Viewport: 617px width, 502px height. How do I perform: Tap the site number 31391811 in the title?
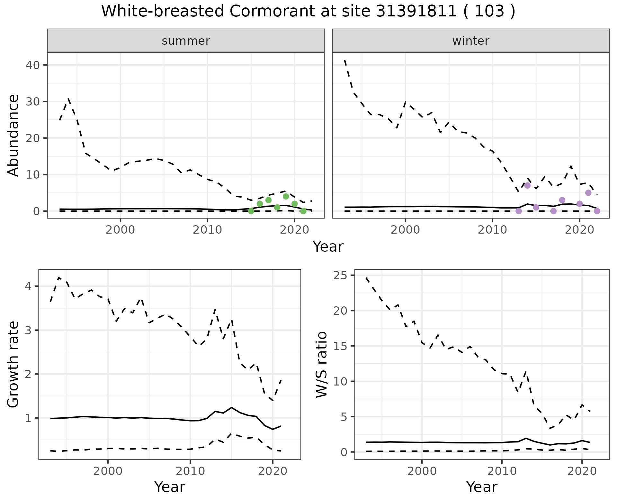click(x=416, y=12)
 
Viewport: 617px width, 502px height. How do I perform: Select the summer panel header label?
click(x=186, y=41)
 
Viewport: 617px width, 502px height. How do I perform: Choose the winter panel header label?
click(x=470, y=41)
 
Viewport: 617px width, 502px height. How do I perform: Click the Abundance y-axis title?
click(x=13, y=135)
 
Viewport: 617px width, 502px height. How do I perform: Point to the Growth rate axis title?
click(x=13, y=364)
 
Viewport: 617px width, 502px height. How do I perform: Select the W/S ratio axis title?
click(x=321, y=364)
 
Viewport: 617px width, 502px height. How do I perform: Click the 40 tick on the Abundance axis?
click(x=32, y=65)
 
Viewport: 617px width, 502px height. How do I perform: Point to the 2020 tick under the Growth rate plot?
click(x=273, y=471)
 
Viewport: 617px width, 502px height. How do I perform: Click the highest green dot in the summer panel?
click(x=286, y=196)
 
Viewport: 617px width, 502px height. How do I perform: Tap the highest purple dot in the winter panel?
click(x=527, y=185)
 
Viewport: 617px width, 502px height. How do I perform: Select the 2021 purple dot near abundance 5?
click(x=588, y=193)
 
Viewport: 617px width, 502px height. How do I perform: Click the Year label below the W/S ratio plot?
click(x=482, y=487)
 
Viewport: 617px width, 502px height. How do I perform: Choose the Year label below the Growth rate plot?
click(x=170, y=487)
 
